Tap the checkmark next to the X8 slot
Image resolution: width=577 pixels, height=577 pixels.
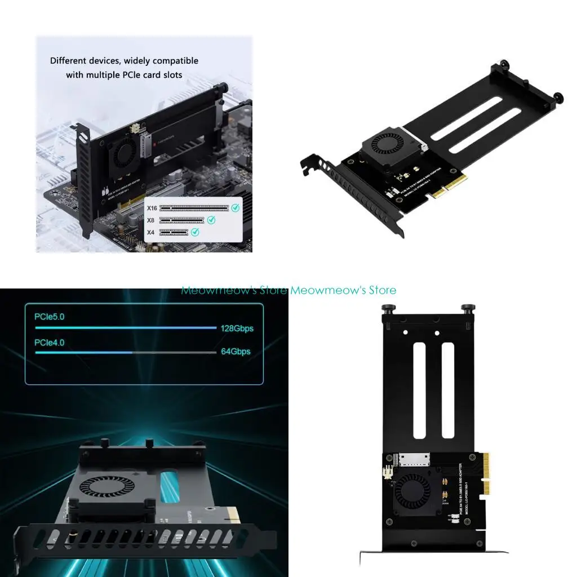[x=211, y=220]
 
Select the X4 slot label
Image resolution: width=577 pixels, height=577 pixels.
[x=150, y=232]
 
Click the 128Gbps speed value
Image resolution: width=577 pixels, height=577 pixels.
[x=237, y=328]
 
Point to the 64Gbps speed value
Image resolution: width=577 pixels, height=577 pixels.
[x=236, y=352]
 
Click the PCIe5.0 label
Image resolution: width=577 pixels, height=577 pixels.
[x=50, y=317]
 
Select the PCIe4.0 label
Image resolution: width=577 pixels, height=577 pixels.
[x=50, y=342]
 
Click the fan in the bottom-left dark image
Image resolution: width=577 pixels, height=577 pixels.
[x=108, y=487]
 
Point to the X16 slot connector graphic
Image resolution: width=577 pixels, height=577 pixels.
[x=194, y=207]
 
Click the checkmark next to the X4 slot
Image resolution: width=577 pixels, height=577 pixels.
[x=195, y=232]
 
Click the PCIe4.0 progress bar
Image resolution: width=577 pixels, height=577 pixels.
[x=126, y=353]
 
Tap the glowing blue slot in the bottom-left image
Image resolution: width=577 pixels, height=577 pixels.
[x=168, y=487]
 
